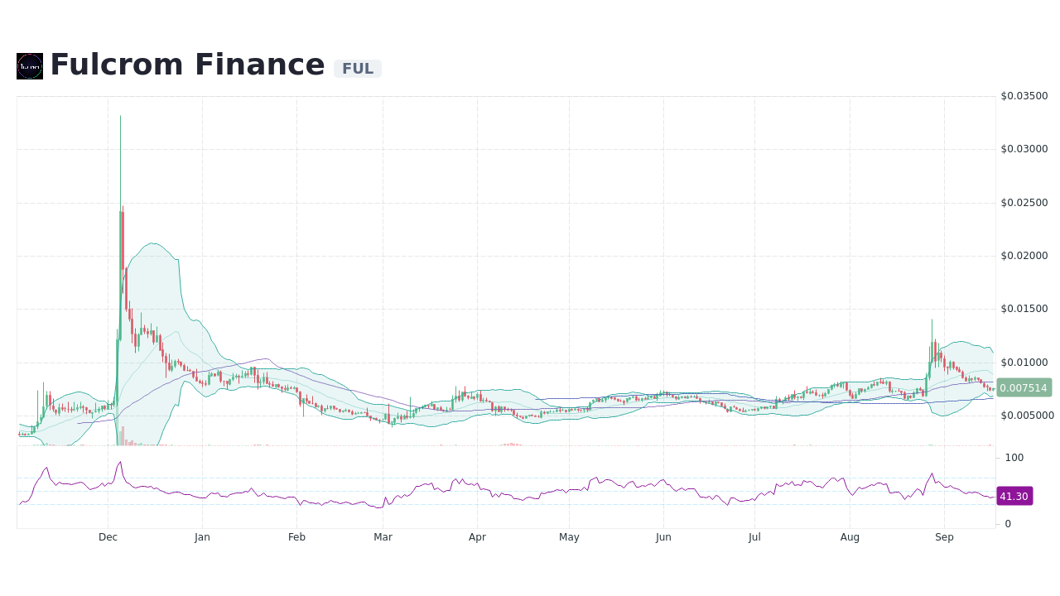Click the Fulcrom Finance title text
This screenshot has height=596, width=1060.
(187, 65)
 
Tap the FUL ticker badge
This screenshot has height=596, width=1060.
(358, 69)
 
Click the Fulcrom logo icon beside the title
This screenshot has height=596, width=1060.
(30, 66)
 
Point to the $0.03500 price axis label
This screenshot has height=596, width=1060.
(1024, 96)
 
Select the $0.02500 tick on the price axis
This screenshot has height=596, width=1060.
(1024, 203)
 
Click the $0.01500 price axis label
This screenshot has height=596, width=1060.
(1024, 309)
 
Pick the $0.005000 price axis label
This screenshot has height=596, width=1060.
(1027, 416)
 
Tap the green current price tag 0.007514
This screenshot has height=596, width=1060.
(1024, 387)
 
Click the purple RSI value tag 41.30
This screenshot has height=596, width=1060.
(1014, 496)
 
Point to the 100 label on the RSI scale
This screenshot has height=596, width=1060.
(1014, 458)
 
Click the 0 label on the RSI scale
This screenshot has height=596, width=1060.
(1008, 524)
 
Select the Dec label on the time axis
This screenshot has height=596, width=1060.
(108, 537)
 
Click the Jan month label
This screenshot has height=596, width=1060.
(202, 537)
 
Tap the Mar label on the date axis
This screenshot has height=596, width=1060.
(383, 537)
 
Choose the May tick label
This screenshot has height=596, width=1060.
(569, 537)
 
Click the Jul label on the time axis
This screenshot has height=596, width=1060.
(754, 537)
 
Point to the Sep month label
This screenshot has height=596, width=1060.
(944, 537)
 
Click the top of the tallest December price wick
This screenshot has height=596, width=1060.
(120, 116)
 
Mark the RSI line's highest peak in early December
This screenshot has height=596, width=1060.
(120, 462)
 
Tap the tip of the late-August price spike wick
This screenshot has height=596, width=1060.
(932, 320)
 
